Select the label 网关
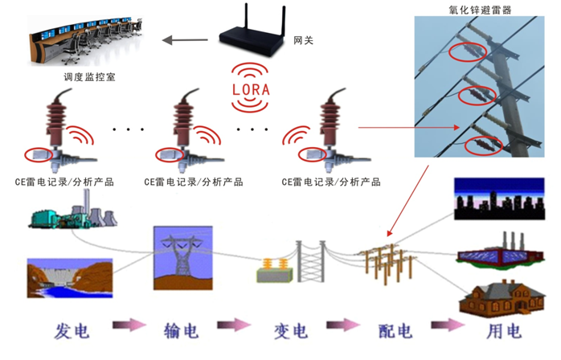303,39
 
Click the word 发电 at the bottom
72,330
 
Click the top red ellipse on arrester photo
467,52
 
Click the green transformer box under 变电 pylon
272,271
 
